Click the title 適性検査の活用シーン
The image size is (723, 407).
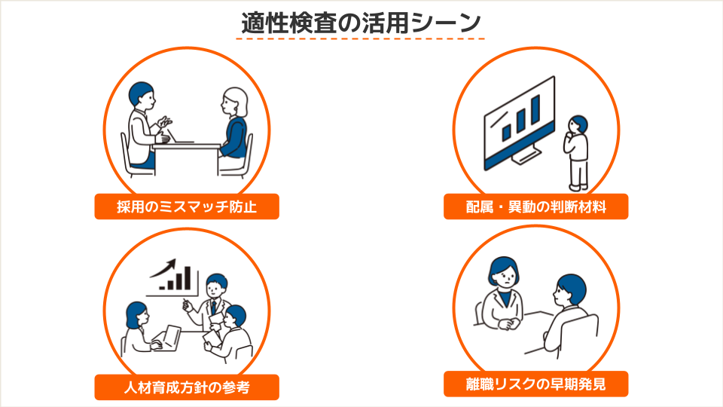point(361,23)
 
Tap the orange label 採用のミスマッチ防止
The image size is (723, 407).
point(187,207)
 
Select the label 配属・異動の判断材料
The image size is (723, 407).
point(535,207)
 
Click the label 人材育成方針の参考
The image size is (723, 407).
point(187,387)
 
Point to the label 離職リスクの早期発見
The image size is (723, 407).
point(535,384)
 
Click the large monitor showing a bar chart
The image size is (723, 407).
point(519,122)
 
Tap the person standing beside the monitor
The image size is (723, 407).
point(576,153)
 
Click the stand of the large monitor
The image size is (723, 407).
point(526,155)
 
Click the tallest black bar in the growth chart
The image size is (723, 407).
point(188,278)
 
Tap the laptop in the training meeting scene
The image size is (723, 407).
point(167,338)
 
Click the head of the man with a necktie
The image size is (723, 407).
point(216,286)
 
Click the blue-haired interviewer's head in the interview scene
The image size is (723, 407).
point(141,96)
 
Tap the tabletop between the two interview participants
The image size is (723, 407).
point(186,146)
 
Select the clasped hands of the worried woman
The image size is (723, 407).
point(506,323)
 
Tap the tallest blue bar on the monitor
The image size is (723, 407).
point(535,109)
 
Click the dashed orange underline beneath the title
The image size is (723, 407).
point(361,38)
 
